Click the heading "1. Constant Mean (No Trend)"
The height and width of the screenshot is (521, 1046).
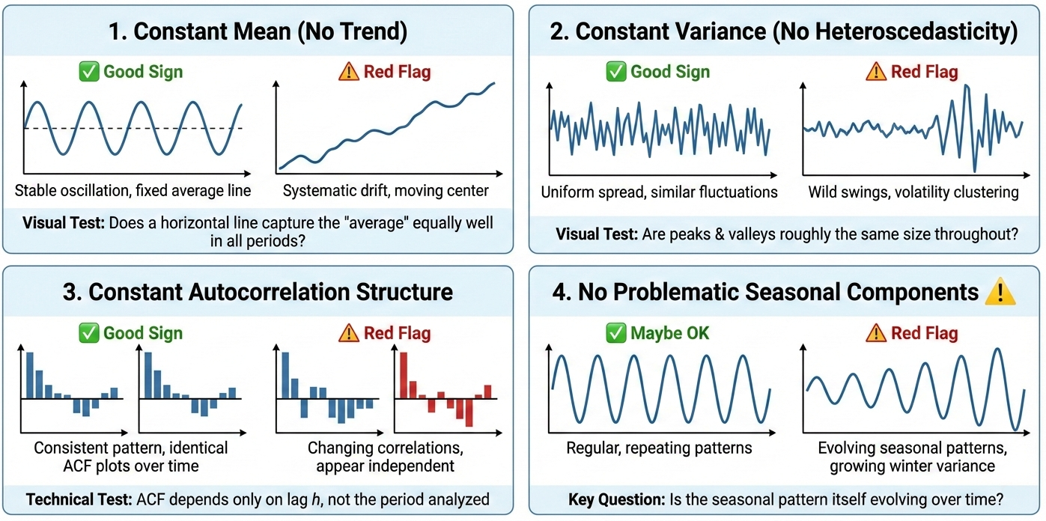click(x=258, y=31)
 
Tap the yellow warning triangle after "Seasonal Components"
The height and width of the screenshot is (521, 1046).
click(x=1000, y=291)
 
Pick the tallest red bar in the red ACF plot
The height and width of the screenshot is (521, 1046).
click(x=403, y=375)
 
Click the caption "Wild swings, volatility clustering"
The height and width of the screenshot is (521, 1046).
click(x=913, y=192)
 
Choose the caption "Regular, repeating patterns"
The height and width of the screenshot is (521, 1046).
click(x=659, y=448)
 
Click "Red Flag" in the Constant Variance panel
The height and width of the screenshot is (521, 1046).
click(x=924, y=72)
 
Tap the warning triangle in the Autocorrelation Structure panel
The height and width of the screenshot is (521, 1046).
click(x=350, y=333)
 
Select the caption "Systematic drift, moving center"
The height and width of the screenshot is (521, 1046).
click(x=386, y=191)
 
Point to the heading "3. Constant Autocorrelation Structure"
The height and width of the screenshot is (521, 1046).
click(x=258, y=292)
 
